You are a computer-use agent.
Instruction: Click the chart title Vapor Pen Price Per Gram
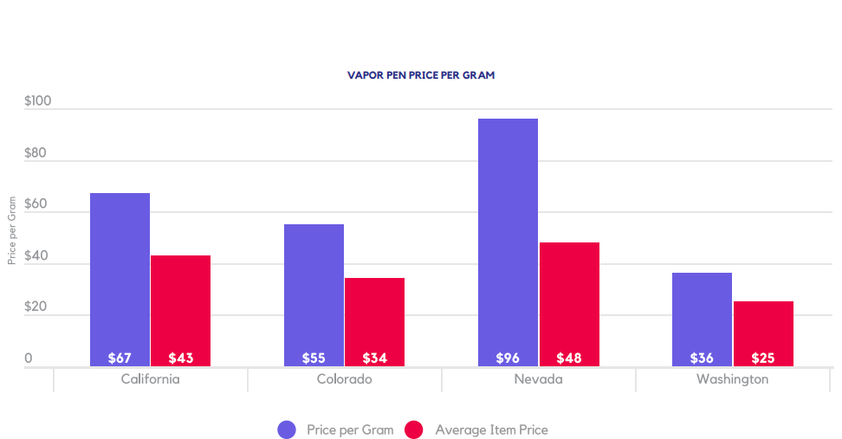[421, 75]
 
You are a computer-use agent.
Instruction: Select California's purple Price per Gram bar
[120, 277]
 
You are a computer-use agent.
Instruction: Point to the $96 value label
[508, 358]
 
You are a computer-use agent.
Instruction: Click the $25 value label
[763, 358]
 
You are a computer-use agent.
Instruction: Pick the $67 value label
[120, 358]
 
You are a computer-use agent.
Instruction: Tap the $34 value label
[375, 358]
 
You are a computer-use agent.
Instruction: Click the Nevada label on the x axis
[539, 379]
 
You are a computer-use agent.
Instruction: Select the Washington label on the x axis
[733, 379]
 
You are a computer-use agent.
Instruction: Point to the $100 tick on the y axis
[37, 101]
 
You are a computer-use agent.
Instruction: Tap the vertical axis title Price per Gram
[12, 230]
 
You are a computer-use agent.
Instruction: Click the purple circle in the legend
[287, 429]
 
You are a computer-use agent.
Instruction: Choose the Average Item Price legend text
[491, 429]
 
